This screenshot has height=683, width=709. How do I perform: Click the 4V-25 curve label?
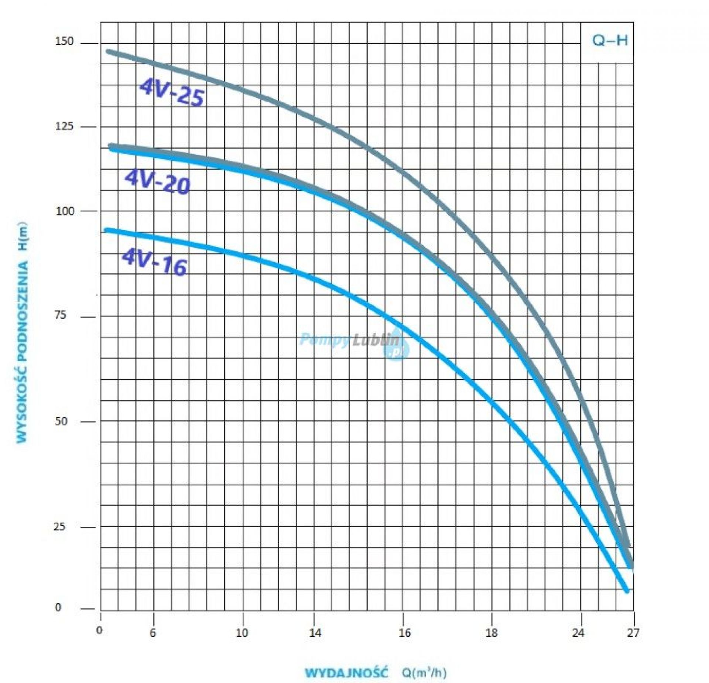click(x=172, y=93)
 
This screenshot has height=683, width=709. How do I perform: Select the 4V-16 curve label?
click(x=154, y=262)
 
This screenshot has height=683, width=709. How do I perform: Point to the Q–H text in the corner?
click(x=610, y=41)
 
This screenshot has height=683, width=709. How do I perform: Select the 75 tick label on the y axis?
click(x=61, y=315)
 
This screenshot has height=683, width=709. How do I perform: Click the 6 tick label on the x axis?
click(x=153, y=632)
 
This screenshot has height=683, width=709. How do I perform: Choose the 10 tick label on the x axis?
click(x=242, y=632)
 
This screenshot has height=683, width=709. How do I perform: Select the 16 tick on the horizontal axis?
click(x=404, y=632)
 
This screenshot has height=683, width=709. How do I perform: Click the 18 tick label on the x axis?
click(x=491, y=632)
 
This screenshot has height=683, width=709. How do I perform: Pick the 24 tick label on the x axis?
click(x=578, y=632)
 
